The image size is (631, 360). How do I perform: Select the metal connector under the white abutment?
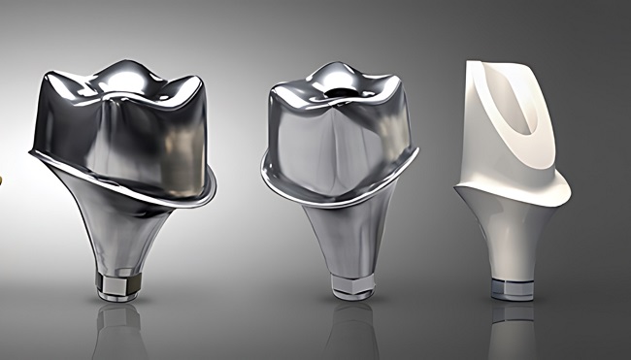click(x=511, y=288)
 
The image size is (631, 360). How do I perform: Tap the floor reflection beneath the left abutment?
click(x=119, y=330)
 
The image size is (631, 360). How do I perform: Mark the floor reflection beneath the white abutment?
click(x=511, y=330)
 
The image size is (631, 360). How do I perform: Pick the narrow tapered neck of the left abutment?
click(x=117, y=238)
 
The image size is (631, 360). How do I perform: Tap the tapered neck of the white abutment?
click(x=509, y=238)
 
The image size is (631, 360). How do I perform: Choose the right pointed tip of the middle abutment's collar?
click(x=416, y=153)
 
